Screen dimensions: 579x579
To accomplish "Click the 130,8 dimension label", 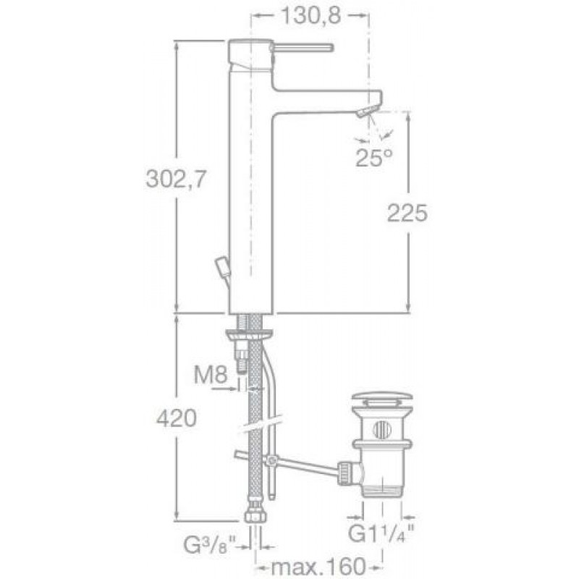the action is point(310,16).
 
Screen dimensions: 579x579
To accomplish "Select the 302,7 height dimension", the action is point(175,179).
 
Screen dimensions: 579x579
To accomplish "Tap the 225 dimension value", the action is point(407,213).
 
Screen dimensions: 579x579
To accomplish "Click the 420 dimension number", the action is point(177,419).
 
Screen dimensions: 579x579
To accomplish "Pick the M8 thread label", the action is point(211,375).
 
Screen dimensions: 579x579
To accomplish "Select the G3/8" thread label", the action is point(210,546).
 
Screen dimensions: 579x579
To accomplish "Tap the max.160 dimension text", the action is point(318,567).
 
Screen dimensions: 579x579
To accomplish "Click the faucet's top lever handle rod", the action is point(303,48).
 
